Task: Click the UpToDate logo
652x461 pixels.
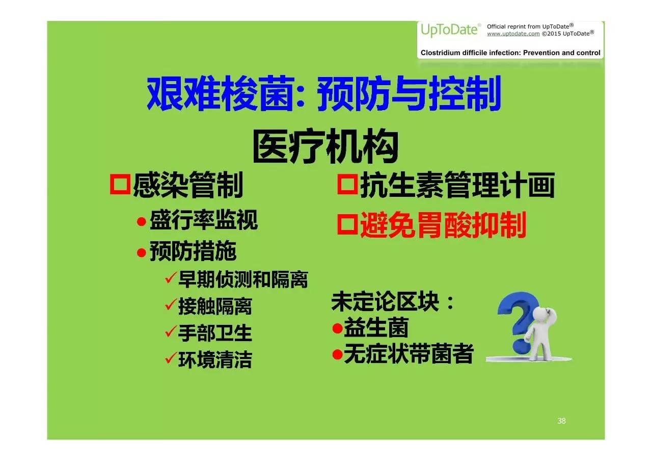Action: point(450,30)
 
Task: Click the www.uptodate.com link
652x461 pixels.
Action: point(513,34)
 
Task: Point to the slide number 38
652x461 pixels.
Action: point(561,421)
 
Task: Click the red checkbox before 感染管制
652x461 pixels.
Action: point(120,184)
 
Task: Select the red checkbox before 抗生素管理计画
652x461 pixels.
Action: point(347,184)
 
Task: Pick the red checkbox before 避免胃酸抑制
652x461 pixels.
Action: point(347,224)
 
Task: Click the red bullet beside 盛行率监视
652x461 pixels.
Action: point(142,222)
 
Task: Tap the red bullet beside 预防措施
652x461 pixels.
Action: point(142,252)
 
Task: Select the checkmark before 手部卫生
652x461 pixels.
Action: point(171,331)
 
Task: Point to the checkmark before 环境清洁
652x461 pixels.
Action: point(171,358)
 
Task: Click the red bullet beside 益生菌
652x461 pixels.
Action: point(337,328)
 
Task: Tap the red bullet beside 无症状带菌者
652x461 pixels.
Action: point(337,354)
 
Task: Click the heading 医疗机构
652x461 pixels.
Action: point(325,146)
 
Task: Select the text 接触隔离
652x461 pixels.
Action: point(215,306)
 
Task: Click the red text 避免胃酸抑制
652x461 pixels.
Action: point(443,225)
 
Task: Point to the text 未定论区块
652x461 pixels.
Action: point(385,301)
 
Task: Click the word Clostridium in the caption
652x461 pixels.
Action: point(439,53)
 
